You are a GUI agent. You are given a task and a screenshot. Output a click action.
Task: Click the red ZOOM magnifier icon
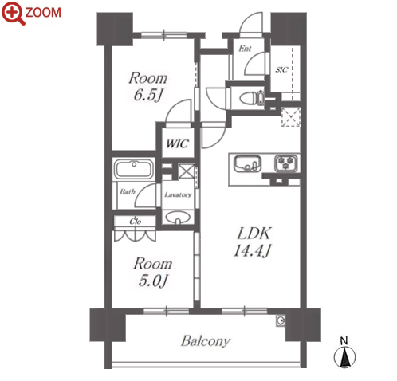point(14,13)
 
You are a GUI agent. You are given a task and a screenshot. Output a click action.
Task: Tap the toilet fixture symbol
point(252,98)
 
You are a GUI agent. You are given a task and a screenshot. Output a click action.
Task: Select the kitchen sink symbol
point(247,163)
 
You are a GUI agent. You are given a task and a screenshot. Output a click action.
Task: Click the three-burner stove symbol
point(286,163)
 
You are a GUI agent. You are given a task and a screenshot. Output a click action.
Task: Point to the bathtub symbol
point(134,169)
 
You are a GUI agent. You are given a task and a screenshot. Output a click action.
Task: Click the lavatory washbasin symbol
point(178,218)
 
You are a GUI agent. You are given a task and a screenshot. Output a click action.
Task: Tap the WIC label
point(177,143)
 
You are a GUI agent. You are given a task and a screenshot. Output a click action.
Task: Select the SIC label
point(281,70)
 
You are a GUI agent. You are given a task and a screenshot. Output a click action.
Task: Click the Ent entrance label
point(245,49)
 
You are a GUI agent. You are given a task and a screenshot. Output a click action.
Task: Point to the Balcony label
point(206,341)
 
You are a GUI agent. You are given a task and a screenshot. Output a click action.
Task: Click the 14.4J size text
point(252,250)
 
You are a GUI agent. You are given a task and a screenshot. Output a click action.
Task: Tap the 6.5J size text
point(147,95)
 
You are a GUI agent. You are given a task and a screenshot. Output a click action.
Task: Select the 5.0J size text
point(153,281)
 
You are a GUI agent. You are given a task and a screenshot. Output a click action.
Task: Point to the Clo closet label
point(136,222)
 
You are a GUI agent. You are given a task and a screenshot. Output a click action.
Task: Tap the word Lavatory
point(178,194)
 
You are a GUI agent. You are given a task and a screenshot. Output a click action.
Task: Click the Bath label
point(128,191)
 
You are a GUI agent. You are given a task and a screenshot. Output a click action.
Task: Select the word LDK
point(254,234)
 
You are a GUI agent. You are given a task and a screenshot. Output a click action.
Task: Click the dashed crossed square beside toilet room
point(291,117)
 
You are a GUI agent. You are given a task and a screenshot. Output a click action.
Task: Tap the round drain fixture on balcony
point(280,321)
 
